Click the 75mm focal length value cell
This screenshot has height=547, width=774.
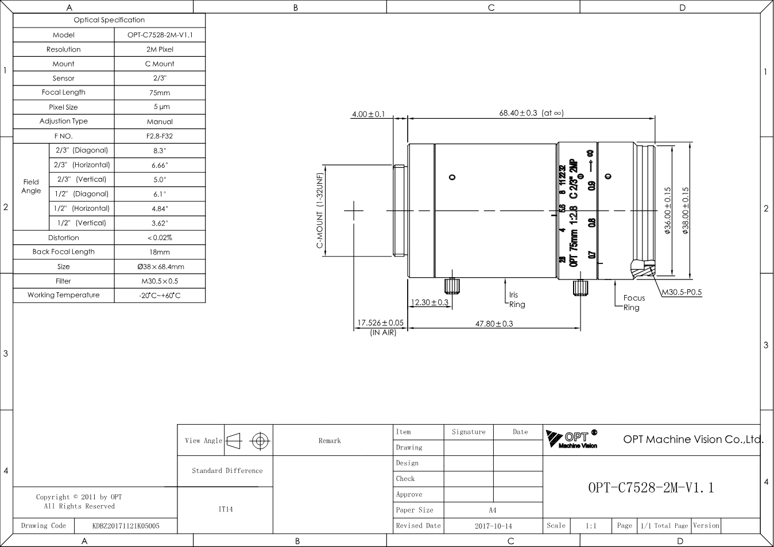(x=160, y=92)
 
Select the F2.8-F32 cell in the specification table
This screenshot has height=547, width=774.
(x=160, y=136)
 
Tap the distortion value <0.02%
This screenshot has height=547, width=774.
(x=160, y=238)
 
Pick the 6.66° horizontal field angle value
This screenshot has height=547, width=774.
(x=160, y=165)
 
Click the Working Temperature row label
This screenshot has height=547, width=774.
(x=64, y=295)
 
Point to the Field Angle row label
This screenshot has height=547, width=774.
(x=31, y=186)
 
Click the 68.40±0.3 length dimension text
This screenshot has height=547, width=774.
(x=518, y=113)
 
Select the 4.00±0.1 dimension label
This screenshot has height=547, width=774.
(x=369, y=114)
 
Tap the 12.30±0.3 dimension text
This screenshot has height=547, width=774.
(x=429, y=302)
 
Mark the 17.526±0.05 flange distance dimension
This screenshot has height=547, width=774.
(x=381, y=323)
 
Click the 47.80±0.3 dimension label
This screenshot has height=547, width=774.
(x=494, y=324)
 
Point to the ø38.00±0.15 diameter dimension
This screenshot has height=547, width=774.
(x=686, y=211)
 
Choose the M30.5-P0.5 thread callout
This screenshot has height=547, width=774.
(x=682, y=292)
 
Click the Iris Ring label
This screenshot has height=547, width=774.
(x=517, y=300)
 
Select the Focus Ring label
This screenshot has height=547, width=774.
(x=634, y=302)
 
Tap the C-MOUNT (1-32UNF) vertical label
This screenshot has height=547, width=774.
(x=320, y=211)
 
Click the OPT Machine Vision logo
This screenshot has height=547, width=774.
(x=571, y=439)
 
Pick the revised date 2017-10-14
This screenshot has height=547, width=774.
(x=493, y=526)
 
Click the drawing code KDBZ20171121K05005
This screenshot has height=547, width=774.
(x=126, y=526)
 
